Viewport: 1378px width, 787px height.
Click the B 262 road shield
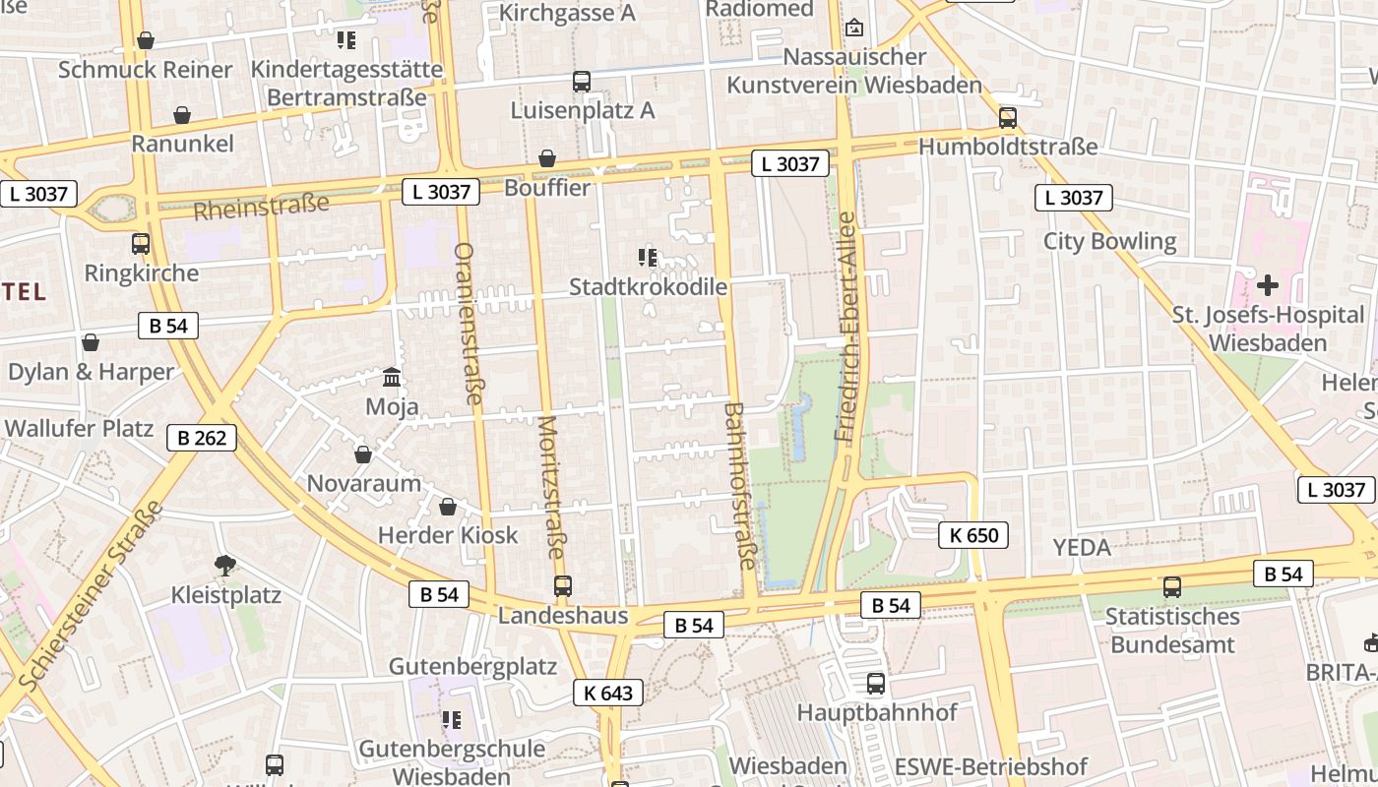pos(202,438)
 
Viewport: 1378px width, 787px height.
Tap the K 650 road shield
pos(973,535)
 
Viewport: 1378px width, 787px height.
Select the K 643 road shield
pos(608,693)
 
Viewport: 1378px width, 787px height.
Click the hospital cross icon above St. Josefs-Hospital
pos(1268,286)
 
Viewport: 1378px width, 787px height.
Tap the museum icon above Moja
pos(392,378)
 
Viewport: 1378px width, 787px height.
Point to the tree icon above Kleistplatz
pos(225,565)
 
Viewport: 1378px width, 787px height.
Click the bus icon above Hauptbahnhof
pos(876,683)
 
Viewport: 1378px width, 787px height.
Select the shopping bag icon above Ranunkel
pos(182,115)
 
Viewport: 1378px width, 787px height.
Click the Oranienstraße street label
pos(469,324)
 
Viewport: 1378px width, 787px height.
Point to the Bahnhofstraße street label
pos(739,486)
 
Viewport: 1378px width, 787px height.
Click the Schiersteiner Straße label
pos(90,596)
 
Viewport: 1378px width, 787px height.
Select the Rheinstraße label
pos(261,208)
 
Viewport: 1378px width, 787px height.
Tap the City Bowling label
pos(1109,241)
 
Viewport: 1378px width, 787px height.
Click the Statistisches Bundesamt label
pos(1171,631)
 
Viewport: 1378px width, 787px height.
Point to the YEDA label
pos(1082,547)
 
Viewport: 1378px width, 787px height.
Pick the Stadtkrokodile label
pos(649,287)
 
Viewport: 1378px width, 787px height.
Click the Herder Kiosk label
pos(448,535)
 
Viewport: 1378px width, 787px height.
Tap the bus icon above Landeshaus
pos(562,586)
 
